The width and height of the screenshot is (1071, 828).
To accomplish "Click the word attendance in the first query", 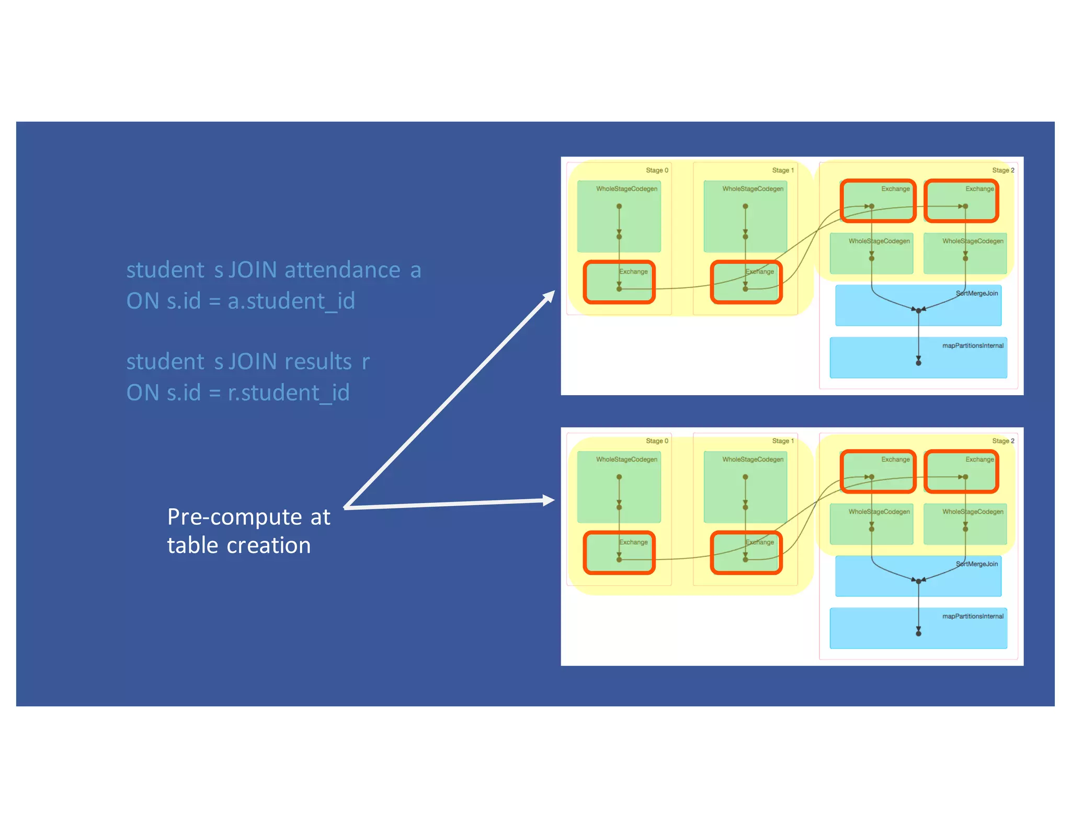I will (342, 270).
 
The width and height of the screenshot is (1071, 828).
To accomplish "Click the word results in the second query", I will (318, 362).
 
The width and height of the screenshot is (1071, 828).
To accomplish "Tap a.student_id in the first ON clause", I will (291, 301).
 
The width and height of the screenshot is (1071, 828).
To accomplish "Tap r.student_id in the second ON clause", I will (289, 393).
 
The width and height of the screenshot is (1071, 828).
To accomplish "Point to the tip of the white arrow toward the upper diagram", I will (553, 292).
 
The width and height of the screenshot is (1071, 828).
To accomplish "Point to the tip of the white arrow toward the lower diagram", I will (553, 500).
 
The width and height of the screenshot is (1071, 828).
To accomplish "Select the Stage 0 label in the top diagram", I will (657, 170).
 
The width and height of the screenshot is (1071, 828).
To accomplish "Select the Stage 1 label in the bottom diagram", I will (783, 441).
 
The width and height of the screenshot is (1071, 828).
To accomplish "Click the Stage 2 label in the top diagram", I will (1003, 170).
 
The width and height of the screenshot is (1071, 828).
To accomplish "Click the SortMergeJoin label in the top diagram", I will (977, 293).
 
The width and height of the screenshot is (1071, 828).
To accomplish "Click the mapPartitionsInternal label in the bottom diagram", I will (973, 616).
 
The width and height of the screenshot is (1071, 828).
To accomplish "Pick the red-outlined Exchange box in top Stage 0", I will (619, 282).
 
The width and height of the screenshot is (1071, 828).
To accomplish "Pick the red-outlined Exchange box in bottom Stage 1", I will (746, 553).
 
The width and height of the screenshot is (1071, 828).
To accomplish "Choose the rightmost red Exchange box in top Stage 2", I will (961, 200).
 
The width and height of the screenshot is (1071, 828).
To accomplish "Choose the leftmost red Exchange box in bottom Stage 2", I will (878, 471).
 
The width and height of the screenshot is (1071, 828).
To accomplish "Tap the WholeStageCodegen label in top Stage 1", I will (753, 189).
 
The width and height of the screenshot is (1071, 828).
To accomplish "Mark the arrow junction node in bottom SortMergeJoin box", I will (918, 581).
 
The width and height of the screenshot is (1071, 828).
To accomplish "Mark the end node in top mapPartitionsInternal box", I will (918, 363).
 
